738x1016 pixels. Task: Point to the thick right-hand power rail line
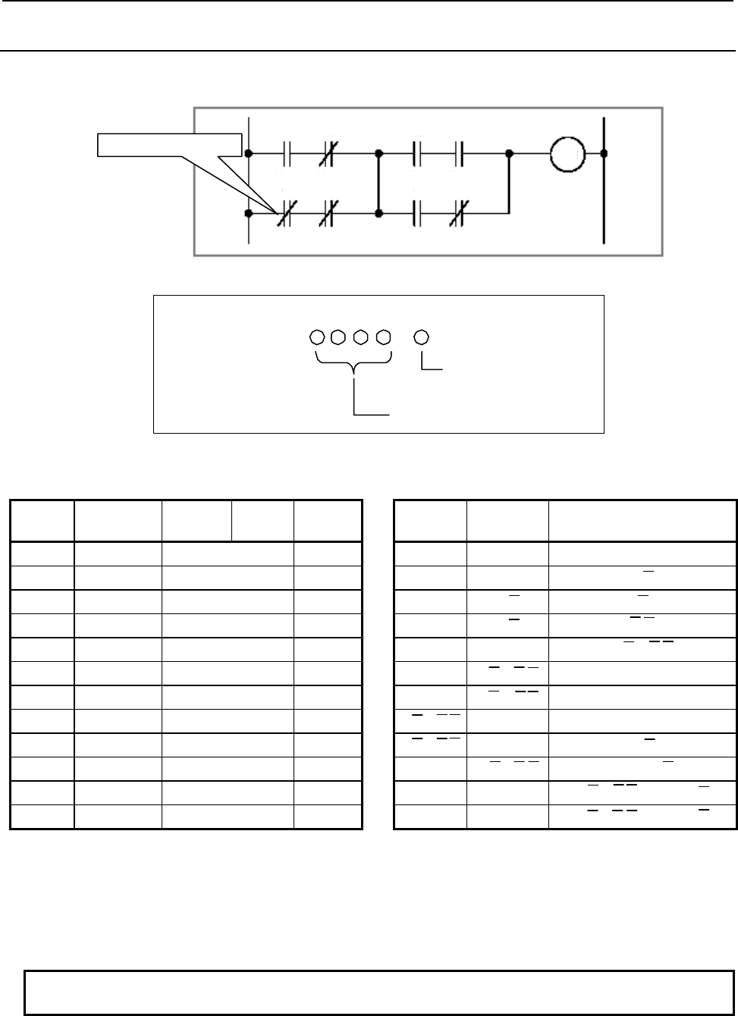pyautogui.click(x=604, y=182)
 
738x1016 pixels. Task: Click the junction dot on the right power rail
pyautogui.click(x=604, y=154)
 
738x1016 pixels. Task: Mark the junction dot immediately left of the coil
pyautogui.click(x=509, y=154)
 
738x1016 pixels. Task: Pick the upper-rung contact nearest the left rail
pyautogui.click(x=287, y=154)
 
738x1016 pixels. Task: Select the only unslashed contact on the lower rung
pyautogui.click(x=417, y=215)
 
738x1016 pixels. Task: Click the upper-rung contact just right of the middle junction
pyautogui.click(x=417, y=154)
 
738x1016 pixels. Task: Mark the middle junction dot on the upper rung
pyautogui.click(x=379, y=154)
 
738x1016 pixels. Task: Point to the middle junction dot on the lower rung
pyautogui.click(x=379, y=215)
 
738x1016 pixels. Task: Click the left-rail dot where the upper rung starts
pyautogui.click(x=249, y=154)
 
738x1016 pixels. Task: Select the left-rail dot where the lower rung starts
pyautogui.click(x=249, y=215)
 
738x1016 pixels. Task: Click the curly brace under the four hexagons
pyautogui.click(x=353, y=367)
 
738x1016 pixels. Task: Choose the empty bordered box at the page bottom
pyautogui.click(x=379, y=992)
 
